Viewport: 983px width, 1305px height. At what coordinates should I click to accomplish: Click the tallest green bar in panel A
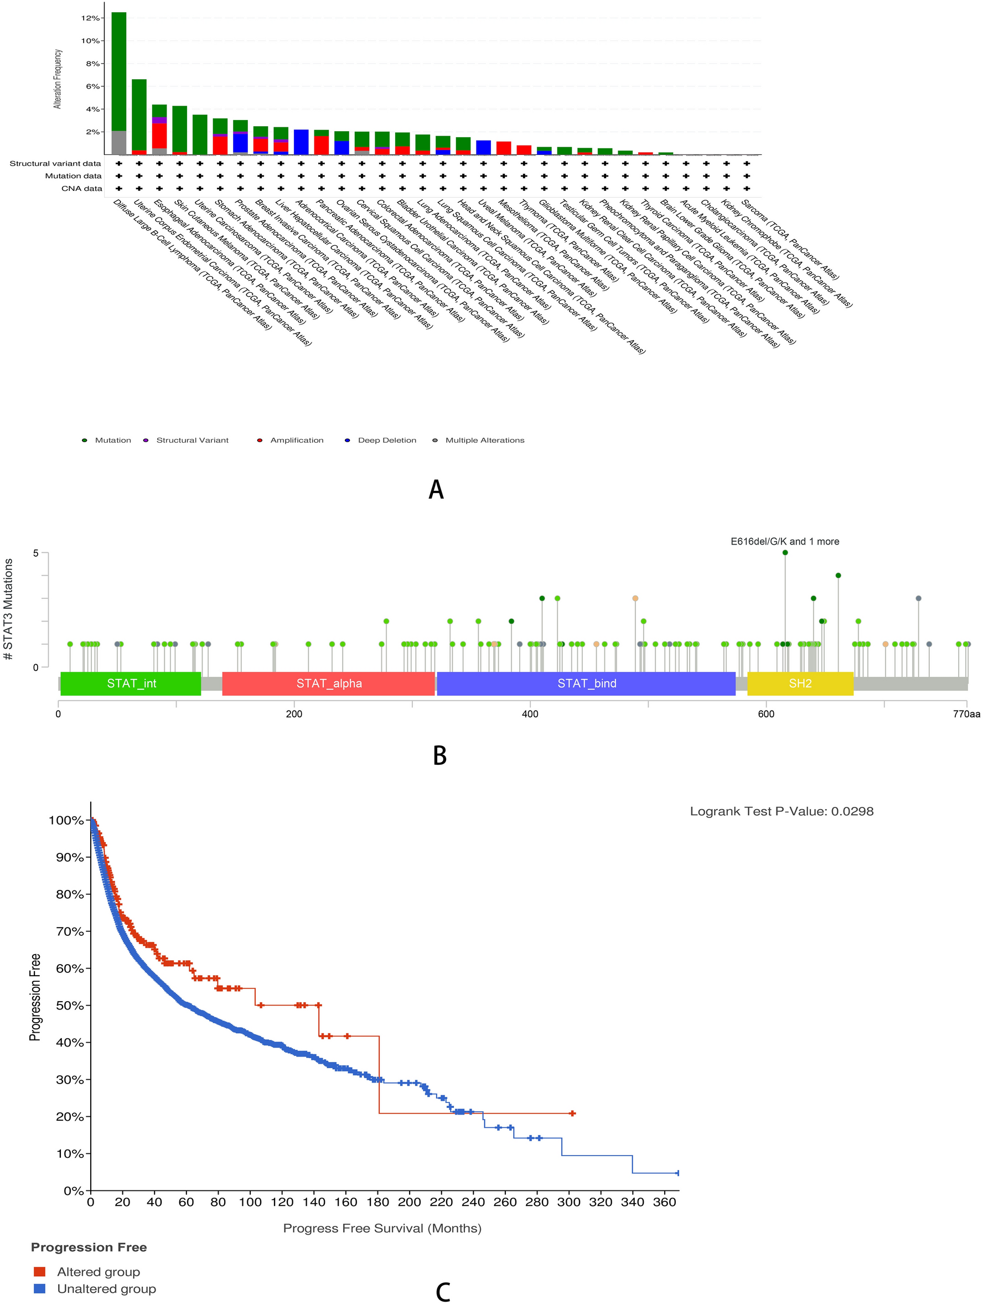(118, 71)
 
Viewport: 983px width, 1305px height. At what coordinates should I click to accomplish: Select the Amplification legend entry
(296, 440)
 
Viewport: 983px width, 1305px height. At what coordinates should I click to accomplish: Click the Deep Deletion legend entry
(386, 440)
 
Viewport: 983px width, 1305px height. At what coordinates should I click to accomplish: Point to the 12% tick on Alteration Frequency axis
(90, 18)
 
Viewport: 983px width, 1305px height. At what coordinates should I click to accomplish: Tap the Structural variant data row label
(55, 163)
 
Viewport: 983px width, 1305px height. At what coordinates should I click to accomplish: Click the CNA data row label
(81, 189)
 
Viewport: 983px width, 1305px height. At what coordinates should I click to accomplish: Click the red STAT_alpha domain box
(328, 683)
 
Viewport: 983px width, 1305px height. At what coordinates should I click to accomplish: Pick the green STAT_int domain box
(131, 683)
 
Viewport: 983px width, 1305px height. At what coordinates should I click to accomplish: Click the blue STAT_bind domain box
(586, 683)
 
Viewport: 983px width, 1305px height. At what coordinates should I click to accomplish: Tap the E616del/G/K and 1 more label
(784, 542)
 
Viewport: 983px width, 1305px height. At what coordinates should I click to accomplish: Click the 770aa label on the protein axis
(966, 714)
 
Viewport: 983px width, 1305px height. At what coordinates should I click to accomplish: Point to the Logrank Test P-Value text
(781, 812)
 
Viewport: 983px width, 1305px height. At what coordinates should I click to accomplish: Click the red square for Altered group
(39, 1271)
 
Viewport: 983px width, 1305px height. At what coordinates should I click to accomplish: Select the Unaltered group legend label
(106, 1288)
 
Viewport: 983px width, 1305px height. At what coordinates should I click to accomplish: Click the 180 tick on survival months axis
(377, 1203)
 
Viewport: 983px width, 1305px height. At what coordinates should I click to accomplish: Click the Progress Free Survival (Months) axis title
(382, 1228)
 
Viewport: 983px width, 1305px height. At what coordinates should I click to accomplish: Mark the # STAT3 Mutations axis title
(8, 609)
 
